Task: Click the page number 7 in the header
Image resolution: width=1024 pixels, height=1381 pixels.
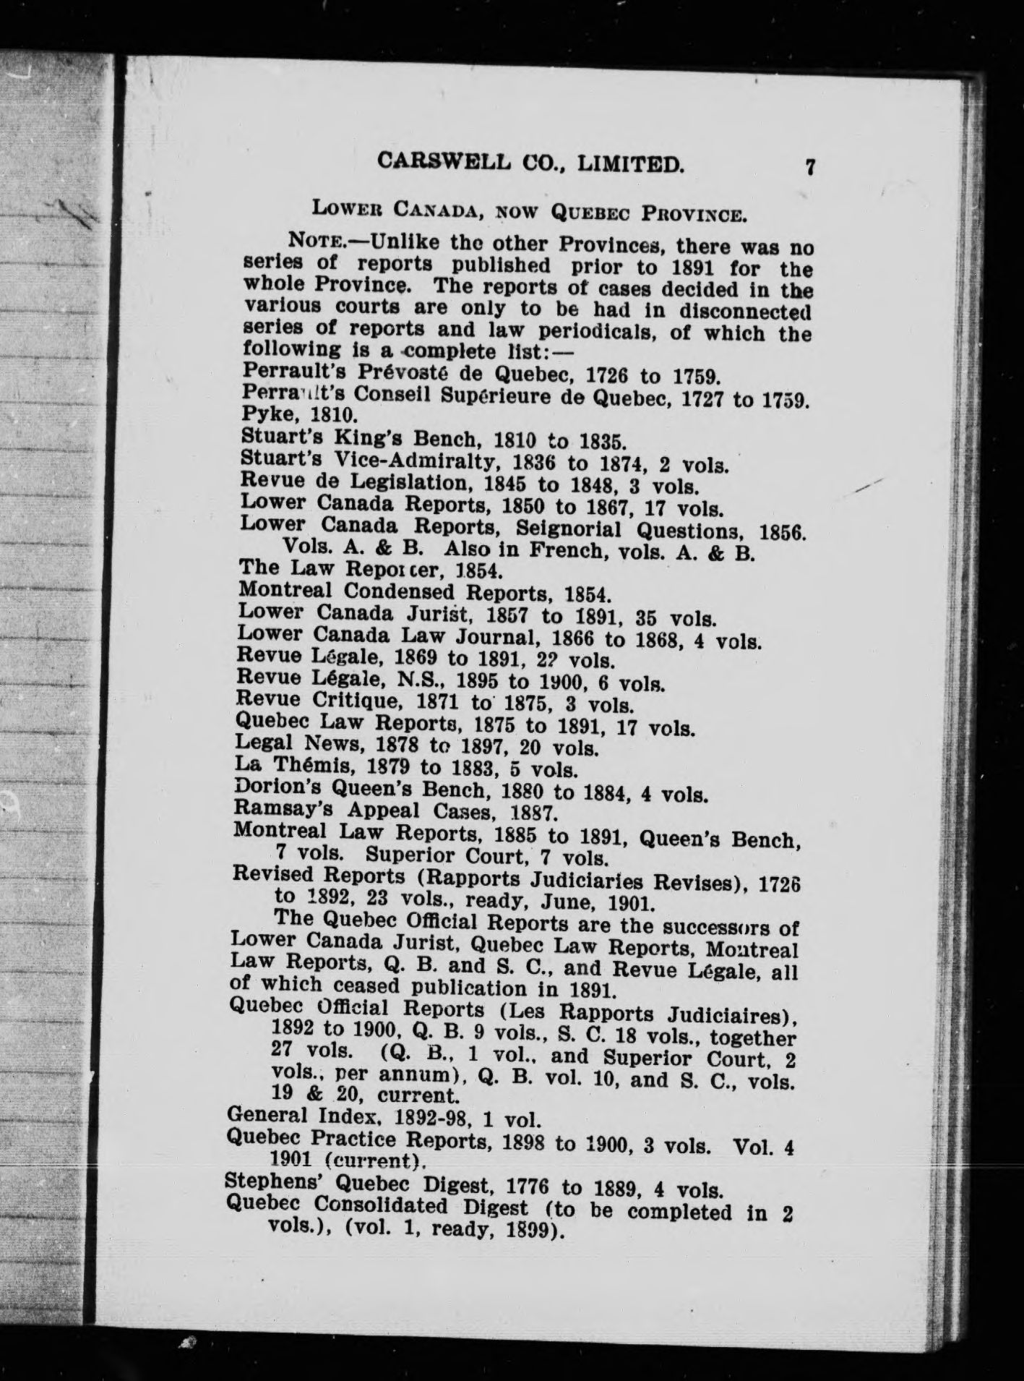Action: pyautogui.click(x=810, y=168)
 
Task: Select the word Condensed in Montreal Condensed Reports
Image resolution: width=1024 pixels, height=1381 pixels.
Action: pyautogui.click(x=398, y=591)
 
